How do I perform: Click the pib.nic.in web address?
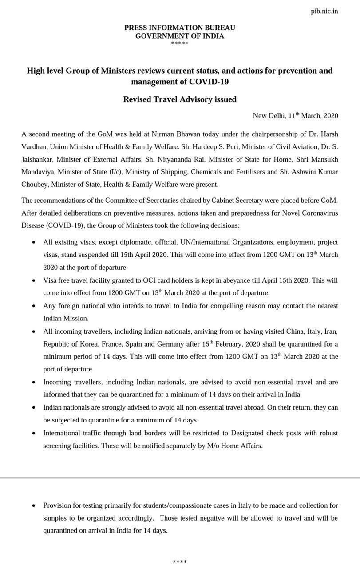(324, 11)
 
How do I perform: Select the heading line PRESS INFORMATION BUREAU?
(180, 28)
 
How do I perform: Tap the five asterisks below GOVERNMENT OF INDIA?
(180, 43)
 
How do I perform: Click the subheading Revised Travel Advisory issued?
(180, 99)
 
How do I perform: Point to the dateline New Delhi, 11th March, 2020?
(295, 116)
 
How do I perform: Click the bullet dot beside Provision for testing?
(34, 506)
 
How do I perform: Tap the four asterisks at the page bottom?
(180, 562)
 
